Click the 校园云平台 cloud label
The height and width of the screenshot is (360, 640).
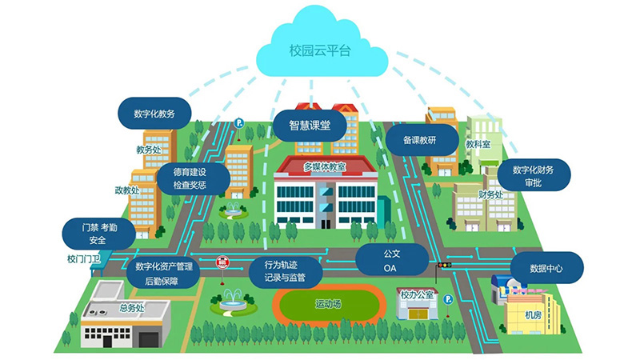pyautogui.click(x=320, y=50)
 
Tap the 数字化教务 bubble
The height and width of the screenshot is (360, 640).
pyautogui.click(x=155, y=114)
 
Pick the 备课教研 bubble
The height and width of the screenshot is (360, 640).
pyautogui.click(x=419, y=139)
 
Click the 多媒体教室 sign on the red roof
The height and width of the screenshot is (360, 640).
pyautogui.click(x=324, y=166)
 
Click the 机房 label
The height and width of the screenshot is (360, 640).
pyautogui.click(x=533, y=315)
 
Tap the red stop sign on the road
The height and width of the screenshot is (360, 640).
pyautogui.click(x=222, y=262)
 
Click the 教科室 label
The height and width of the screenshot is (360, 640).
pyautogui.click(x=478, y=145)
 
